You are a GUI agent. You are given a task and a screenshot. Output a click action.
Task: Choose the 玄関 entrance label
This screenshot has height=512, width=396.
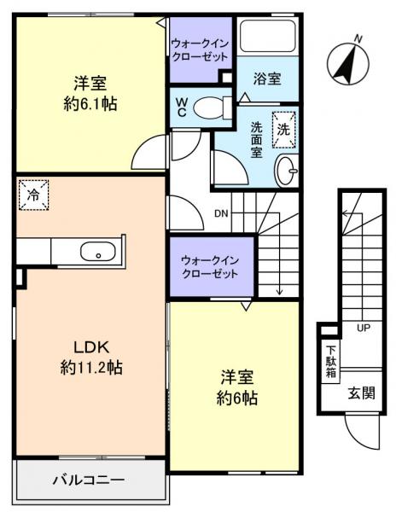(x=359, y=392)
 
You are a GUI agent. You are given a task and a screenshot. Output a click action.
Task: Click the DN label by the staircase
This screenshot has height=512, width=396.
(x=220, y=212)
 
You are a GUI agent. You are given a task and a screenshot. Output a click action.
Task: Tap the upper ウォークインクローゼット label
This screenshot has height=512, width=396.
(x=199, y=49)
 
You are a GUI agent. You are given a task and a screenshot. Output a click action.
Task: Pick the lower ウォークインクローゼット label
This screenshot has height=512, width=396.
(x=210, y=266)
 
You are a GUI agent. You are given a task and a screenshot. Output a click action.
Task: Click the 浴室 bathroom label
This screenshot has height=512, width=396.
(x=267, y=79)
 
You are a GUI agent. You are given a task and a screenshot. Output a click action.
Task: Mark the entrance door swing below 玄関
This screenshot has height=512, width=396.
(x=359, y=432)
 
